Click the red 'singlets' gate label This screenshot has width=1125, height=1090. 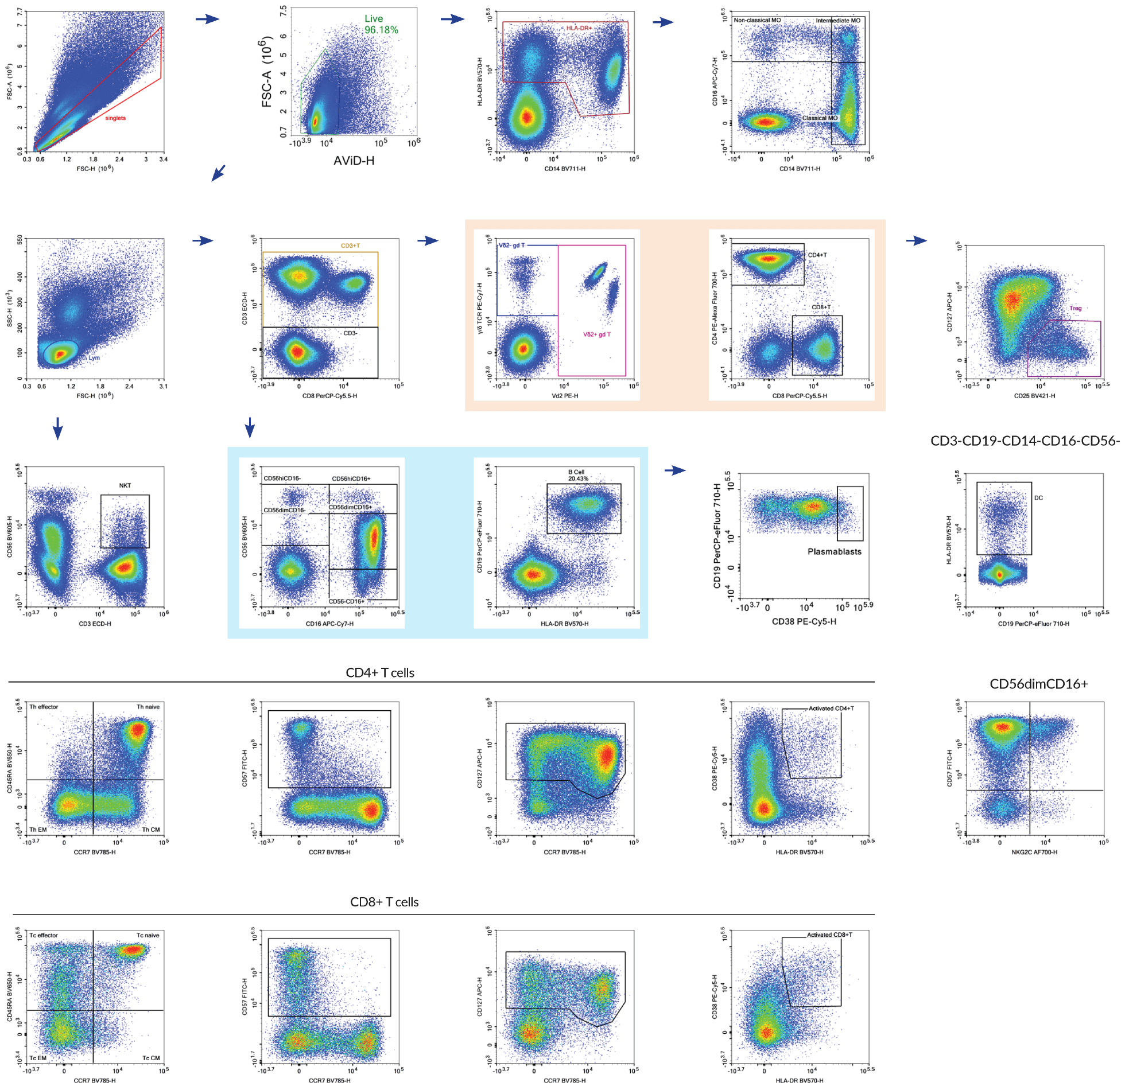(115, 118)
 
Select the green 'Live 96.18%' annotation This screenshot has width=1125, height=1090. (381, 24)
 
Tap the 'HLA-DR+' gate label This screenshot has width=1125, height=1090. (579, 28)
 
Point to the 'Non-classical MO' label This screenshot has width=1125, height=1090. (757, 20)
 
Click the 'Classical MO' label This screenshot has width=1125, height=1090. (820, 118)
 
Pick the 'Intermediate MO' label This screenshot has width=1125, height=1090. (838, 21)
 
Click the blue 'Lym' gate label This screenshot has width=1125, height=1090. (94, 358)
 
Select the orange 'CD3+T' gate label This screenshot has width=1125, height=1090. (350, 246)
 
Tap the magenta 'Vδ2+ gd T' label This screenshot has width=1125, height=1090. (597, 334)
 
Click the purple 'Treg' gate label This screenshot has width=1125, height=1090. (1075, 309)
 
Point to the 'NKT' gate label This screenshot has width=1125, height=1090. (125, 485)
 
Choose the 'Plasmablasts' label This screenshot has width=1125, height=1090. (834, 552)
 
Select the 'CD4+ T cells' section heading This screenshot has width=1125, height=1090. (380, 673)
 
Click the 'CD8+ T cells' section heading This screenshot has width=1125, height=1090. (384, 902)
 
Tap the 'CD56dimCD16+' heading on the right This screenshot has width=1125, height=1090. (1038, 684)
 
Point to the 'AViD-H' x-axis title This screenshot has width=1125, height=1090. (354, 161)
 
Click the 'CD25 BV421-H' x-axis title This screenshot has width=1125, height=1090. (1034, 396)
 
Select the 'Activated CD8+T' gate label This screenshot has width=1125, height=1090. (829, 935)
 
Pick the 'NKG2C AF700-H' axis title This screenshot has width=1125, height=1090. (1034, 852)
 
